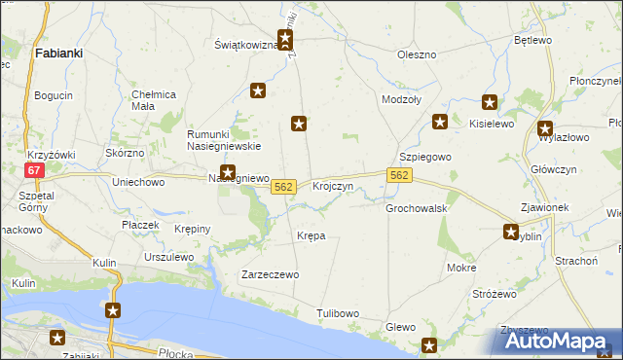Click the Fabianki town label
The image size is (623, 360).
point(57,54)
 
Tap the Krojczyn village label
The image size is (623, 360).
point(332,185)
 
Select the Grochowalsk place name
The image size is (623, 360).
point(416,208)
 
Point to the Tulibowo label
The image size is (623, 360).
point(338,313)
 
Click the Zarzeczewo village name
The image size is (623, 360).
point(270,275)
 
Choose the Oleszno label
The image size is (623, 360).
point(417,54)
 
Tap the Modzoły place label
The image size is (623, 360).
point(402,100)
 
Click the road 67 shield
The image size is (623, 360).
point(35,169)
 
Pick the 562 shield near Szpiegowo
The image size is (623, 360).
point(399,175)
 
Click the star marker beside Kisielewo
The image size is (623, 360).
point(489,102)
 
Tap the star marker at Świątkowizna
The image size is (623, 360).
point(285,40)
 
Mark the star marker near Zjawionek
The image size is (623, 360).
point(511,231)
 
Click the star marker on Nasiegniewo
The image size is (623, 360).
point(227,171)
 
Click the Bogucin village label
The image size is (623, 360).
point(54,95)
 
